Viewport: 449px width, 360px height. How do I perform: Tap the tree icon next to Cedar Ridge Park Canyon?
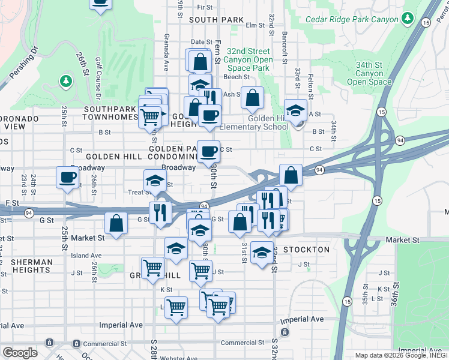coord(408,19)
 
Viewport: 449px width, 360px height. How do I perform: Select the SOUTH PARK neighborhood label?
coord(208,20)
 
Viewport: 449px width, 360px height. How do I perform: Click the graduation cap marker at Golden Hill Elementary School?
coord(295,110)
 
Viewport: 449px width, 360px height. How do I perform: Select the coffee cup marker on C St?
coord(209,151)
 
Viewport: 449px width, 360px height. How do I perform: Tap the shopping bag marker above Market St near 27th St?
coord(116,223)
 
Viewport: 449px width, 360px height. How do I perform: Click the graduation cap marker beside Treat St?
coord(155,181)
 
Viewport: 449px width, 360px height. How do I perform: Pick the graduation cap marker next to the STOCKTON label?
coord(262,253)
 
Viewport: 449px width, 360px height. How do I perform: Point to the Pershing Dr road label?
coord(23,62)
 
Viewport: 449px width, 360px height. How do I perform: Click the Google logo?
coord(20,353)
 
